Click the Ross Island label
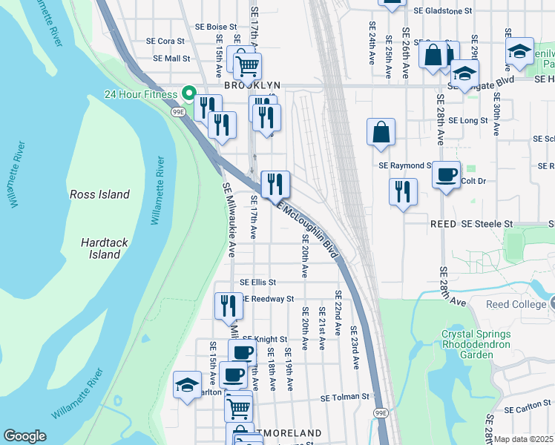point(99,194)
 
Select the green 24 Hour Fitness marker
point(188,93)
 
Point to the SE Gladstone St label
point(442,11)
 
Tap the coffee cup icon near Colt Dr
point(445,175)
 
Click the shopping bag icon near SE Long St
point(381,133)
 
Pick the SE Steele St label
point(487,223)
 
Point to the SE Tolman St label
point(344,398)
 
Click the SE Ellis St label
point(257,283)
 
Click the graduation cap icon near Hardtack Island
point(187,385)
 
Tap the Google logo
point(24,436)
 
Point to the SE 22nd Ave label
point(338,313)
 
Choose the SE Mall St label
point(171,58)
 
